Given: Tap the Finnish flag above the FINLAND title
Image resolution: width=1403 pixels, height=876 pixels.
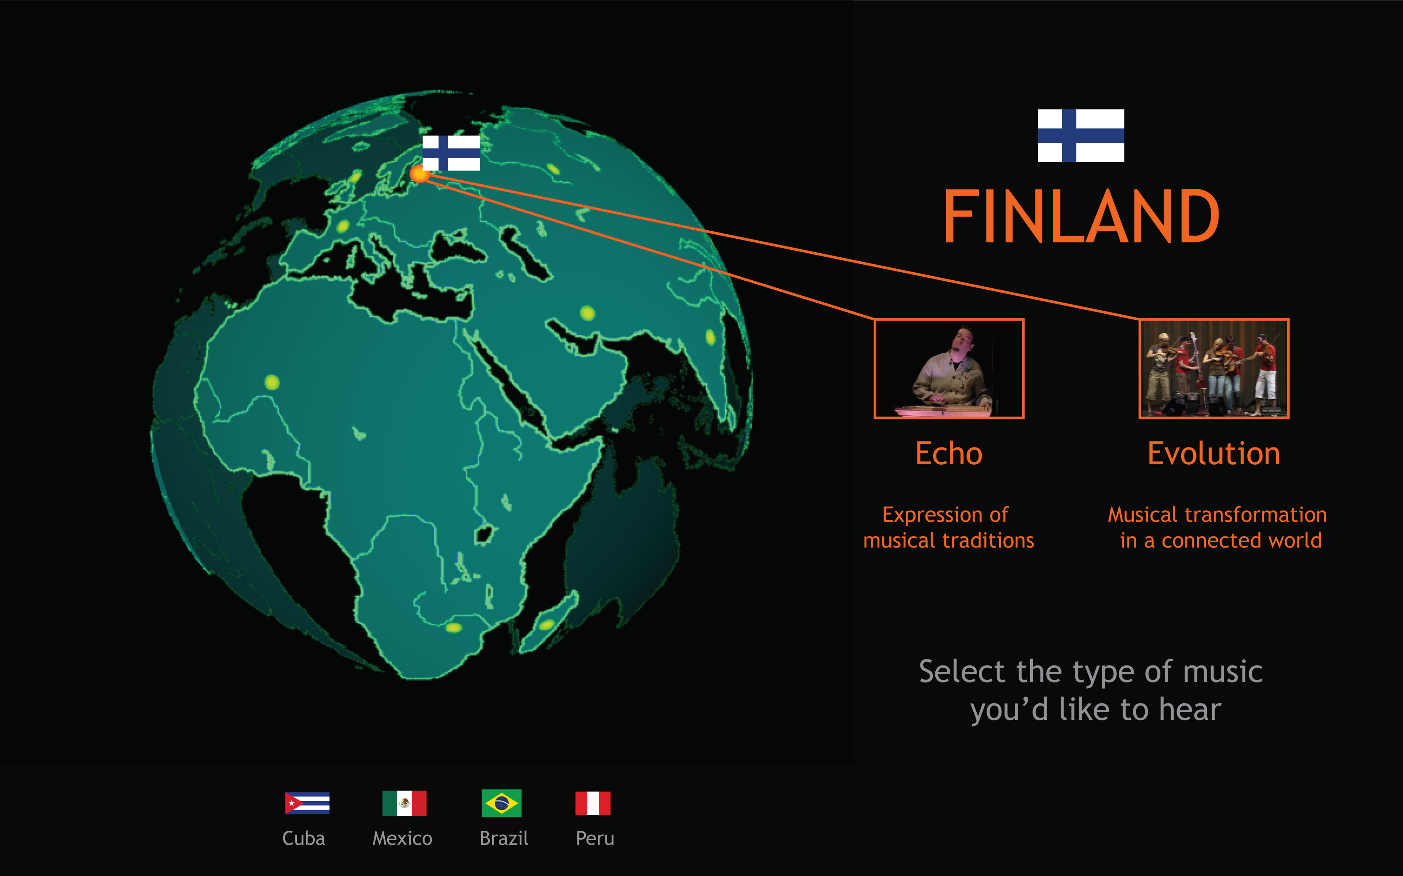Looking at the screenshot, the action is [1081, 135].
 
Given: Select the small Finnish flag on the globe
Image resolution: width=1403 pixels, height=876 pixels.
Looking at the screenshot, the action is [451, 153].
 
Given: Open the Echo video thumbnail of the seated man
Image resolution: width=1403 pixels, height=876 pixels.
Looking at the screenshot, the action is [949, 369].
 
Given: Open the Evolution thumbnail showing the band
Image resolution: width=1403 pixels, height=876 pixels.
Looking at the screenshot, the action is [1214, 369].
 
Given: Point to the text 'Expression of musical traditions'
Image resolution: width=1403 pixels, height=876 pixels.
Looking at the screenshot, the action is [948, 527].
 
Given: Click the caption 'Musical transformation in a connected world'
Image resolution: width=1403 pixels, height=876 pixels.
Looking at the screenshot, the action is [1217, 527].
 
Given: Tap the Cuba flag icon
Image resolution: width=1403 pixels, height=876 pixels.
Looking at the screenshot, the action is [307, 803].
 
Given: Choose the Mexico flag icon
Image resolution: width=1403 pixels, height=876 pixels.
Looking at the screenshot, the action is [404, 803].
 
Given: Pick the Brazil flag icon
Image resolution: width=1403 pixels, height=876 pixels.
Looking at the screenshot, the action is [502, 803].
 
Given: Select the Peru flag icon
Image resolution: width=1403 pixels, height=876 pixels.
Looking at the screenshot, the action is [593, 803].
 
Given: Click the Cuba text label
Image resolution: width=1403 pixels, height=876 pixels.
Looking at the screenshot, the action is [304, 838].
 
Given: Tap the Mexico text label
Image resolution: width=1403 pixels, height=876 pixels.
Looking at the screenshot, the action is [402, 838].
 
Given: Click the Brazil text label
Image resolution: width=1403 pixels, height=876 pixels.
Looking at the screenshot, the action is [504, 838].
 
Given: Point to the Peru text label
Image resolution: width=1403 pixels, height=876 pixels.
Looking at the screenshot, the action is [595, 838].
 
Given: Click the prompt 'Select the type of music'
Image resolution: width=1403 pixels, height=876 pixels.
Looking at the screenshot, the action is [1091, 672].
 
